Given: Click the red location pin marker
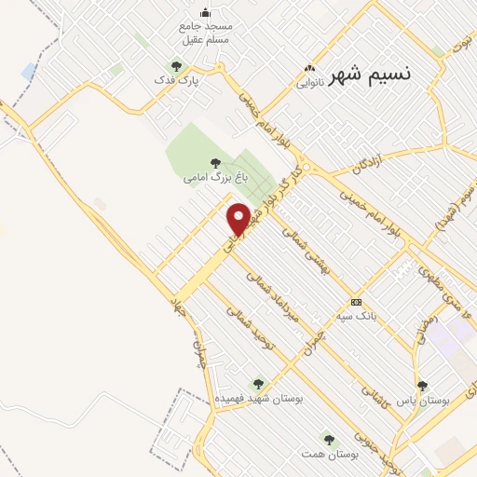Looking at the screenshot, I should click(239, 218).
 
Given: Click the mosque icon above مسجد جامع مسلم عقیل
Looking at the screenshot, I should click(206, 12).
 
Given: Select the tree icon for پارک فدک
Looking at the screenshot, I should click(175, 66).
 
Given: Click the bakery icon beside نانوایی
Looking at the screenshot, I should click(309, 67).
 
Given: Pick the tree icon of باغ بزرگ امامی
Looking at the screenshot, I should click(216, 162).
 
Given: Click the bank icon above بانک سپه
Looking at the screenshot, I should click(357, 302).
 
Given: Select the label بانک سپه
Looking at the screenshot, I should click(357, 316).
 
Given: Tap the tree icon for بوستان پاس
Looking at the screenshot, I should click(422, 386).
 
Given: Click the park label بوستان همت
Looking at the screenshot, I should click(336, 453).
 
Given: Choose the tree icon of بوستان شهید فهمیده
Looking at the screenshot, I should click(258, 383).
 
